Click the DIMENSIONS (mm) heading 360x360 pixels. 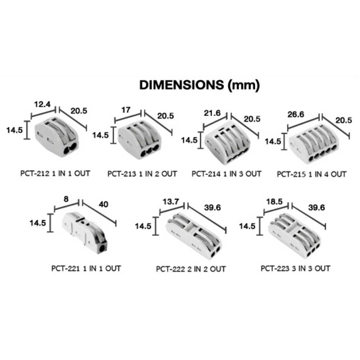(x=199, y=85)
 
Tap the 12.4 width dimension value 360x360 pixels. (x=42, y=105)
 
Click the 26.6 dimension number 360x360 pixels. (x=296, y=115)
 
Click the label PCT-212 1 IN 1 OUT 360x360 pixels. (x=55, y=174)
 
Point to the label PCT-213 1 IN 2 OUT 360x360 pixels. (x=142, y=174)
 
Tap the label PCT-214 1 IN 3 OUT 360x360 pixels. (x=226, y=174)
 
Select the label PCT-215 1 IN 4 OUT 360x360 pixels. (x=311, y=174)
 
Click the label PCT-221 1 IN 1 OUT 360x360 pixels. (x=86, y=268)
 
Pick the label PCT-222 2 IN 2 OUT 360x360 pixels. (x=191, y=269)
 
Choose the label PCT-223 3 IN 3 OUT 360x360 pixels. (x=295, y=268)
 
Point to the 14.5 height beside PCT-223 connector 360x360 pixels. (x=247, y=226)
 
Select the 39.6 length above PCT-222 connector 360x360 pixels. (x=212, y=208)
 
